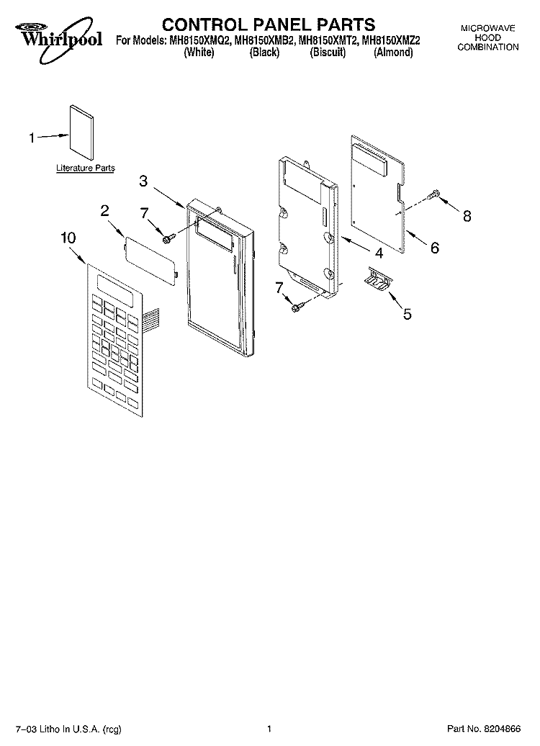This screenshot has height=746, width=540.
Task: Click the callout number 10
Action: point(68,238)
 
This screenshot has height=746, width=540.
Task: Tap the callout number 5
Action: point(407,313)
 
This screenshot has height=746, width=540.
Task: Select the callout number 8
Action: point(467,217)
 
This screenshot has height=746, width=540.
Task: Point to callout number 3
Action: point(143,181)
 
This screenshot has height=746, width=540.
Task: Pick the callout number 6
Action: point(435,248)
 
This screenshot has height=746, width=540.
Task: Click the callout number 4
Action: point(379,253)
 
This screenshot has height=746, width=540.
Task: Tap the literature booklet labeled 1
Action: point(81,134)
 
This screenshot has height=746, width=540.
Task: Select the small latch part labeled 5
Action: point(377,277)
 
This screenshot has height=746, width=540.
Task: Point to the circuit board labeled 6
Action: point(378,194)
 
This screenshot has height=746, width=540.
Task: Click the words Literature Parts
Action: point(86,168)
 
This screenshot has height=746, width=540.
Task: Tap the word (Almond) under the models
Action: point(393,53)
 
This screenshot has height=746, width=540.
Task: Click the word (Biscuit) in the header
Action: point(328,53)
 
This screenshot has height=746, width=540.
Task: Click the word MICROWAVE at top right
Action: point(487,29)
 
